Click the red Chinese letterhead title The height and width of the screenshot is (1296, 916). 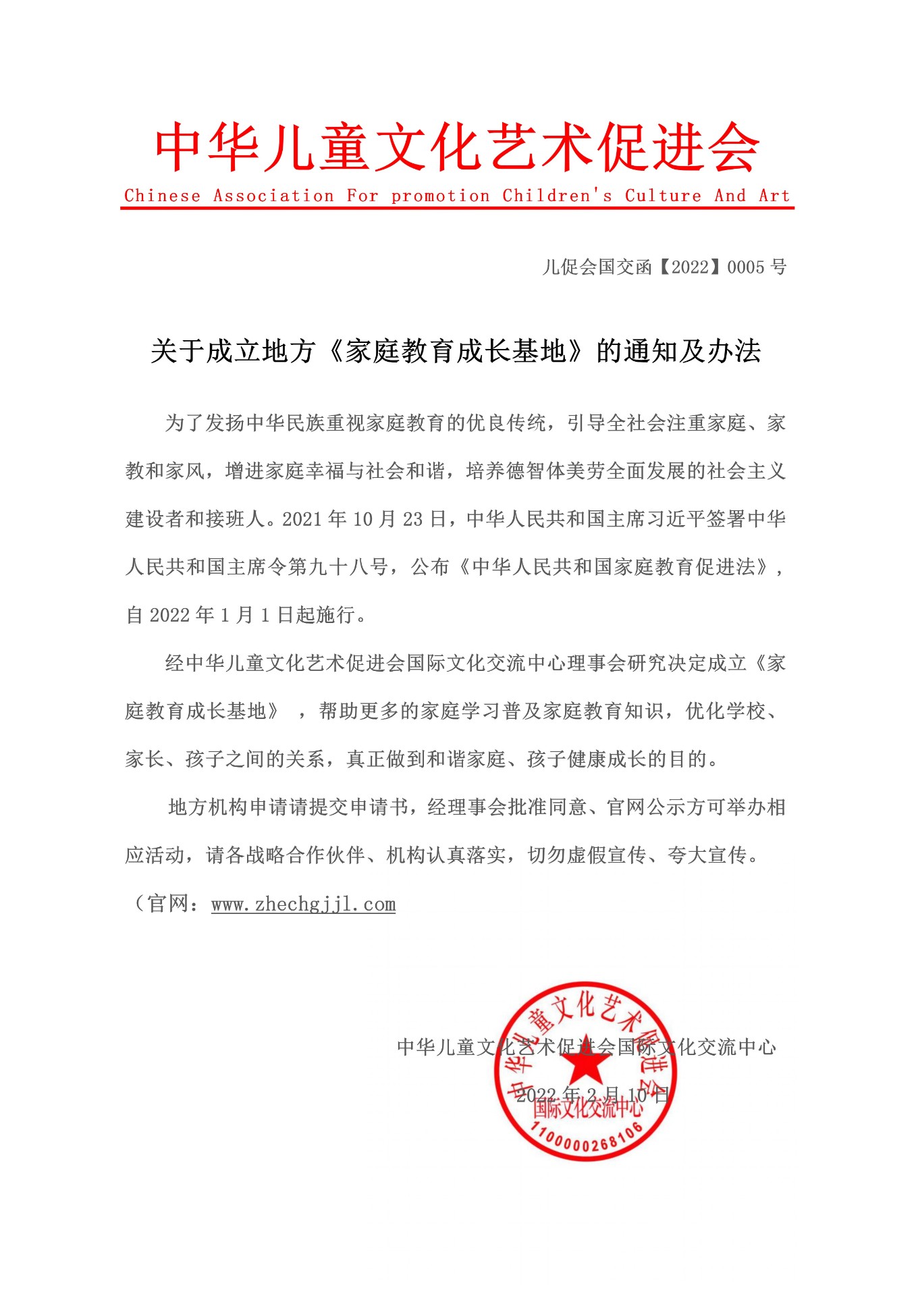[x=457, y=147]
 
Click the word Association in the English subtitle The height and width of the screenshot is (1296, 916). [x=273, y=196]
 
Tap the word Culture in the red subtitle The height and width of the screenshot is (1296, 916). [x=663, y=196]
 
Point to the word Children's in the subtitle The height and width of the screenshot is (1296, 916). [x=558, y=196]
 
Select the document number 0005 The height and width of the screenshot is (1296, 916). [x=746, y=267]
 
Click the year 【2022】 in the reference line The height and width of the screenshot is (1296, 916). [x=689, y=267]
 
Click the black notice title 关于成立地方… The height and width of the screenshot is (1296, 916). [x=456, y=351]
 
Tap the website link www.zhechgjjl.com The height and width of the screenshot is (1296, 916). [x=303, y=904]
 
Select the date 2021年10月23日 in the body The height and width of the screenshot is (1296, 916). [x=365, y=519]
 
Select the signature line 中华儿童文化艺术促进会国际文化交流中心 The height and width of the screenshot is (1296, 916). [x=586, y=1047]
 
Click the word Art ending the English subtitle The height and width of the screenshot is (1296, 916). [x=774, y=196]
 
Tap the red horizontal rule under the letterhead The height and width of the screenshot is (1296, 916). [x=457, y=208]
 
